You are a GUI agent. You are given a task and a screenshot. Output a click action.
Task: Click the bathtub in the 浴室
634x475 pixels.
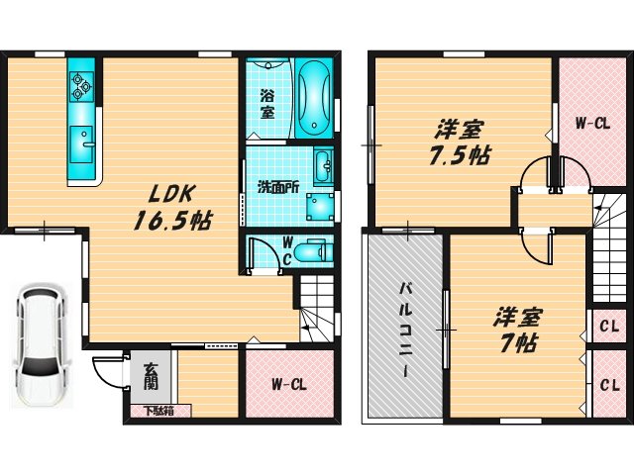(314, 98)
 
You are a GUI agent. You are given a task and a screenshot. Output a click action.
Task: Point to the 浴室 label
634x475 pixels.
(267, 105)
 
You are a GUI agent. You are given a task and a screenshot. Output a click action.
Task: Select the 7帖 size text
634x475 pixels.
(514, 344)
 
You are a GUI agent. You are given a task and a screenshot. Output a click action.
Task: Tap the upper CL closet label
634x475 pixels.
(608, 326)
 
